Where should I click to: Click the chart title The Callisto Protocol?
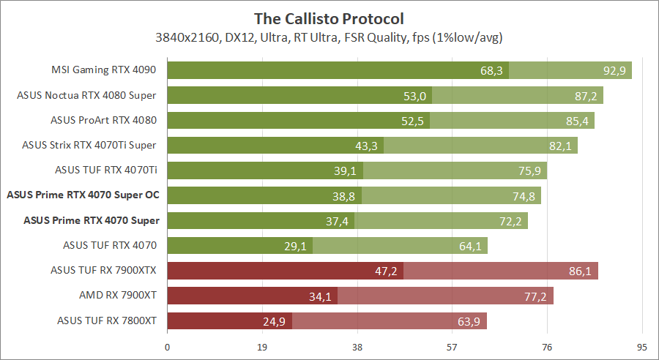329,18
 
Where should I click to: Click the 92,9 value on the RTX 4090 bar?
614,71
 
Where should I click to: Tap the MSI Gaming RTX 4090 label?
105,71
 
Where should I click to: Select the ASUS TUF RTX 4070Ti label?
106,171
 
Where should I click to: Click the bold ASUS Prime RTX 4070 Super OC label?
83,195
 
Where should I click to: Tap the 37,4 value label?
338,221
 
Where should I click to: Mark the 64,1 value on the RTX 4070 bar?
470,246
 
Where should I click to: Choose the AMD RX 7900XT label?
119,296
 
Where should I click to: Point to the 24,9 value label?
275,321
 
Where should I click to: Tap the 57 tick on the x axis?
453,346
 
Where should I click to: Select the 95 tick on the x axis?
642,346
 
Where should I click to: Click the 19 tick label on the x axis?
263,346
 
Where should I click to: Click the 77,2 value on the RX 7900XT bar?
536,296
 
